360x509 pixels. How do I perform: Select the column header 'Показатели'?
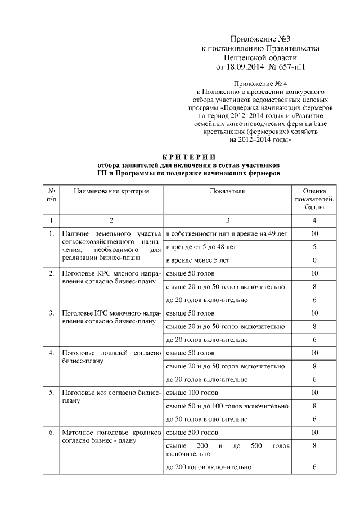[x=228, y=191]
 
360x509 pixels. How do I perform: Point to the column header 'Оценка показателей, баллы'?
[x=314, y=199]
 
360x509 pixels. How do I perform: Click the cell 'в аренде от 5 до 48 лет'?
[x=201, y=247]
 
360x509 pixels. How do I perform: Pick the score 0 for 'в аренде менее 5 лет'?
[x=314, y=260]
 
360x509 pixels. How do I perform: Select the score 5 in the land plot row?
[x=314, y=247]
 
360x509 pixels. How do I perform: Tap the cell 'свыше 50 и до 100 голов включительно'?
[x=224, y=406]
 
